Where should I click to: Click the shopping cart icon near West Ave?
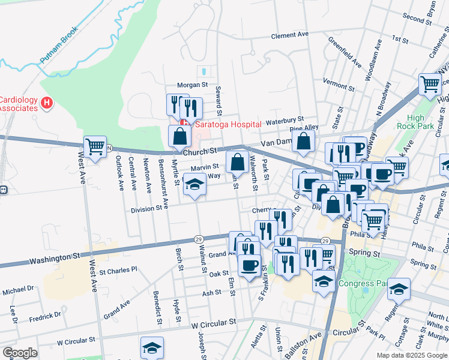(95, 146)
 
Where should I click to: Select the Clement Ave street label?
(289, 36)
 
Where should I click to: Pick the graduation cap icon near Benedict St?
(152, 347)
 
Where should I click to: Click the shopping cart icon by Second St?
(430, 83)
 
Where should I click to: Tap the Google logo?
(20, 353)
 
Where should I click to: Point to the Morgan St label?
(191, 85)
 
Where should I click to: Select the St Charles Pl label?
(118, 270)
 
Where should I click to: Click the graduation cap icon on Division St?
(194, 184)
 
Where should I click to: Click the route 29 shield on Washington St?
(197, 239)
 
